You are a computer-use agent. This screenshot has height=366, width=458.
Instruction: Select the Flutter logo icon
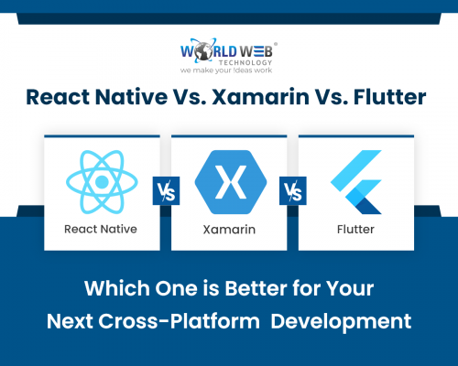355,179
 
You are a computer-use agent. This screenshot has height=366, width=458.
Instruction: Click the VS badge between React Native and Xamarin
165,192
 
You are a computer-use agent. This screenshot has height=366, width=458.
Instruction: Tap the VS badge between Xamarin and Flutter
292,192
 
